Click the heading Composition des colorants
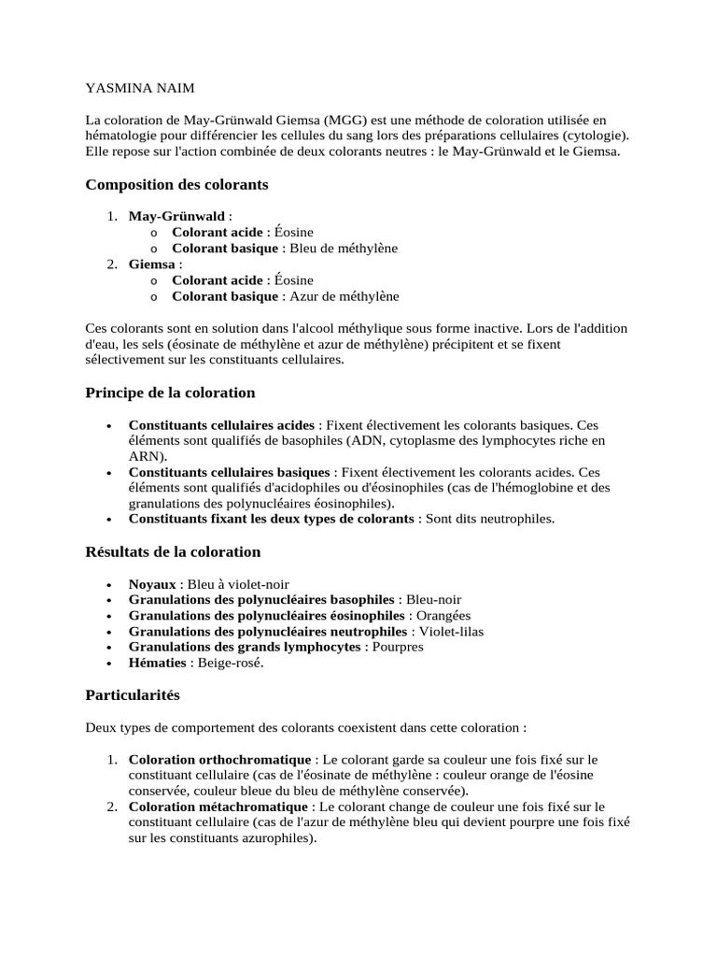(x=176, y=184)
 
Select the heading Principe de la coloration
(x=170, y=392)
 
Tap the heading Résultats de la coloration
(x=173, y=551)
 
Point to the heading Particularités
(x=133, y=695)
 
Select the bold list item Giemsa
(x=152, y=264)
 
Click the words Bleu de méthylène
(x=344, y=248)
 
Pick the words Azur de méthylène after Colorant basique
(x=344, y=296)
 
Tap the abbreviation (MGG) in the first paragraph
(x=345, y=121)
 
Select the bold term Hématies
(x=156, y=663)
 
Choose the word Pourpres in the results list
(x=398, y=647)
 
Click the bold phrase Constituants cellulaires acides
(x=222, y=423)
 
